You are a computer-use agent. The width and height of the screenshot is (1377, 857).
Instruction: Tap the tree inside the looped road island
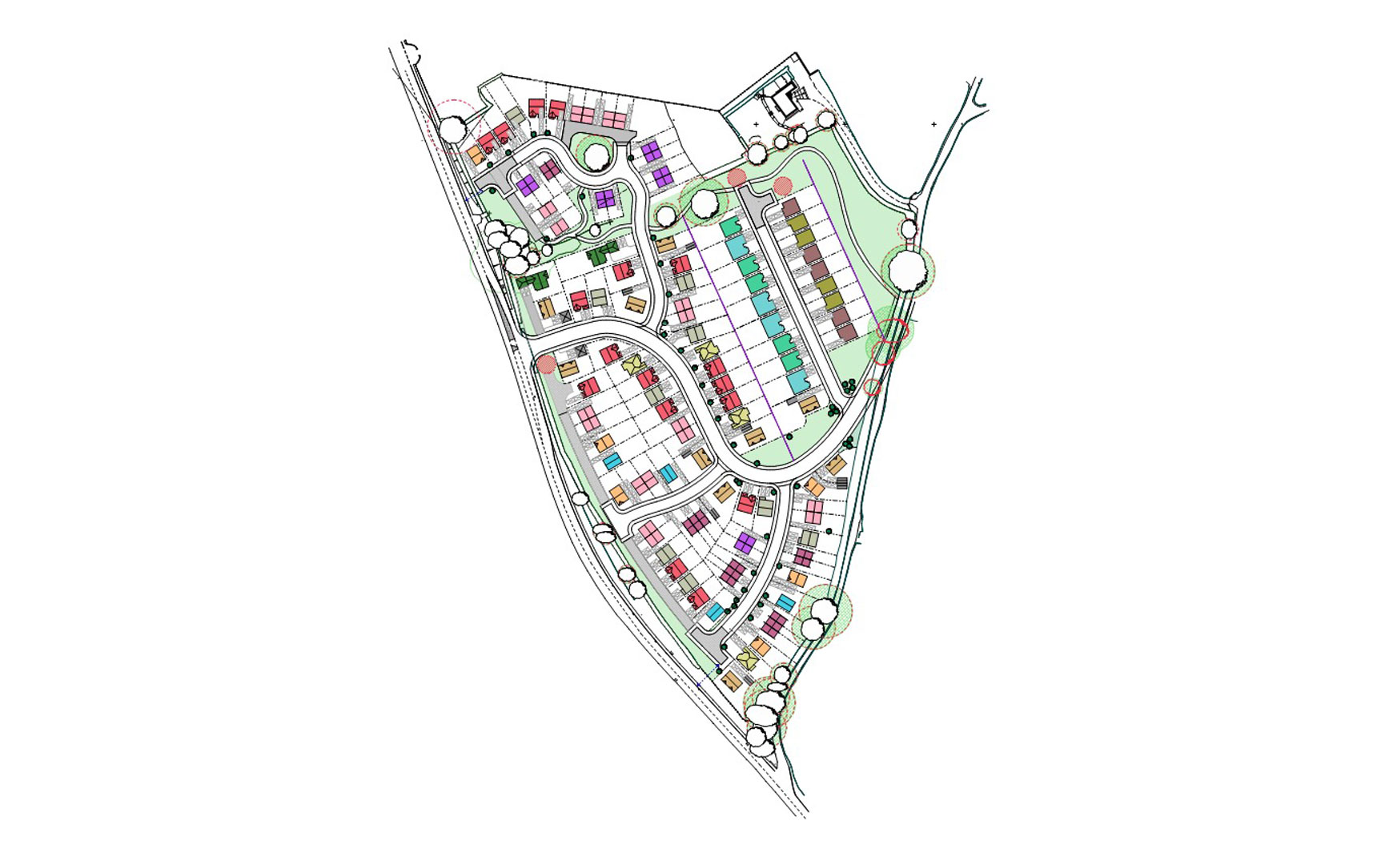[x=596, y=156]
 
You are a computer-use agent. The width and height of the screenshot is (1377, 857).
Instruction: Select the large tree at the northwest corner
[x=453, y=128]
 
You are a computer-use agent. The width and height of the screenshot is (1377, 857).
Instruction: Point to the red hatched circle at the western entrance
[x=547, y=364]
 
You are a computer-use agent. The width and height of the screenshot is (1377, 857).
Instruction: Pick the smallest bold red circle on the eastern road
[x=872, y=387]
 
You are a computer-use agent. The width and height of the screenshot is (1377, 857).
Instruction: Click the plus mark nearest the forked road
[x=933, y=124]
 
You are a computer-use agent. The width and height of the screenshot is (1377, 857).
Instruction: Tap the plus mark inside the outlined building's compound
[x=756, y=124]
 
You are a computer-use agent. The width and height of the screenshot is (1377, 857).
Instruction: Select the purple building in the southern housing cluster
[x=745, y=542]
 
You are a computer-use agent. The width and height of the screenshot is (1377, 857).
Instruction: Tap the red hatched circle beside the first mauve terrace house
[x=782, y=187]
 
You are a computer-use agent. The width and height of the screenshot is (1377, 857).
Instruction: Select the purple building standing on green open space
[x=606, y=199]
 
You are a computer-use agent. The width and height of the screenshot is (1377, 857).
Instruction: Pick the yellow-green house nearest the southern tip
[x=747, y=659]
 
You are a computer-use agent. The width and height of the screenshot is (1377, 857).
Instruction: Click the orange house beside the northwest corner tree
[x=475, y=155]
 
